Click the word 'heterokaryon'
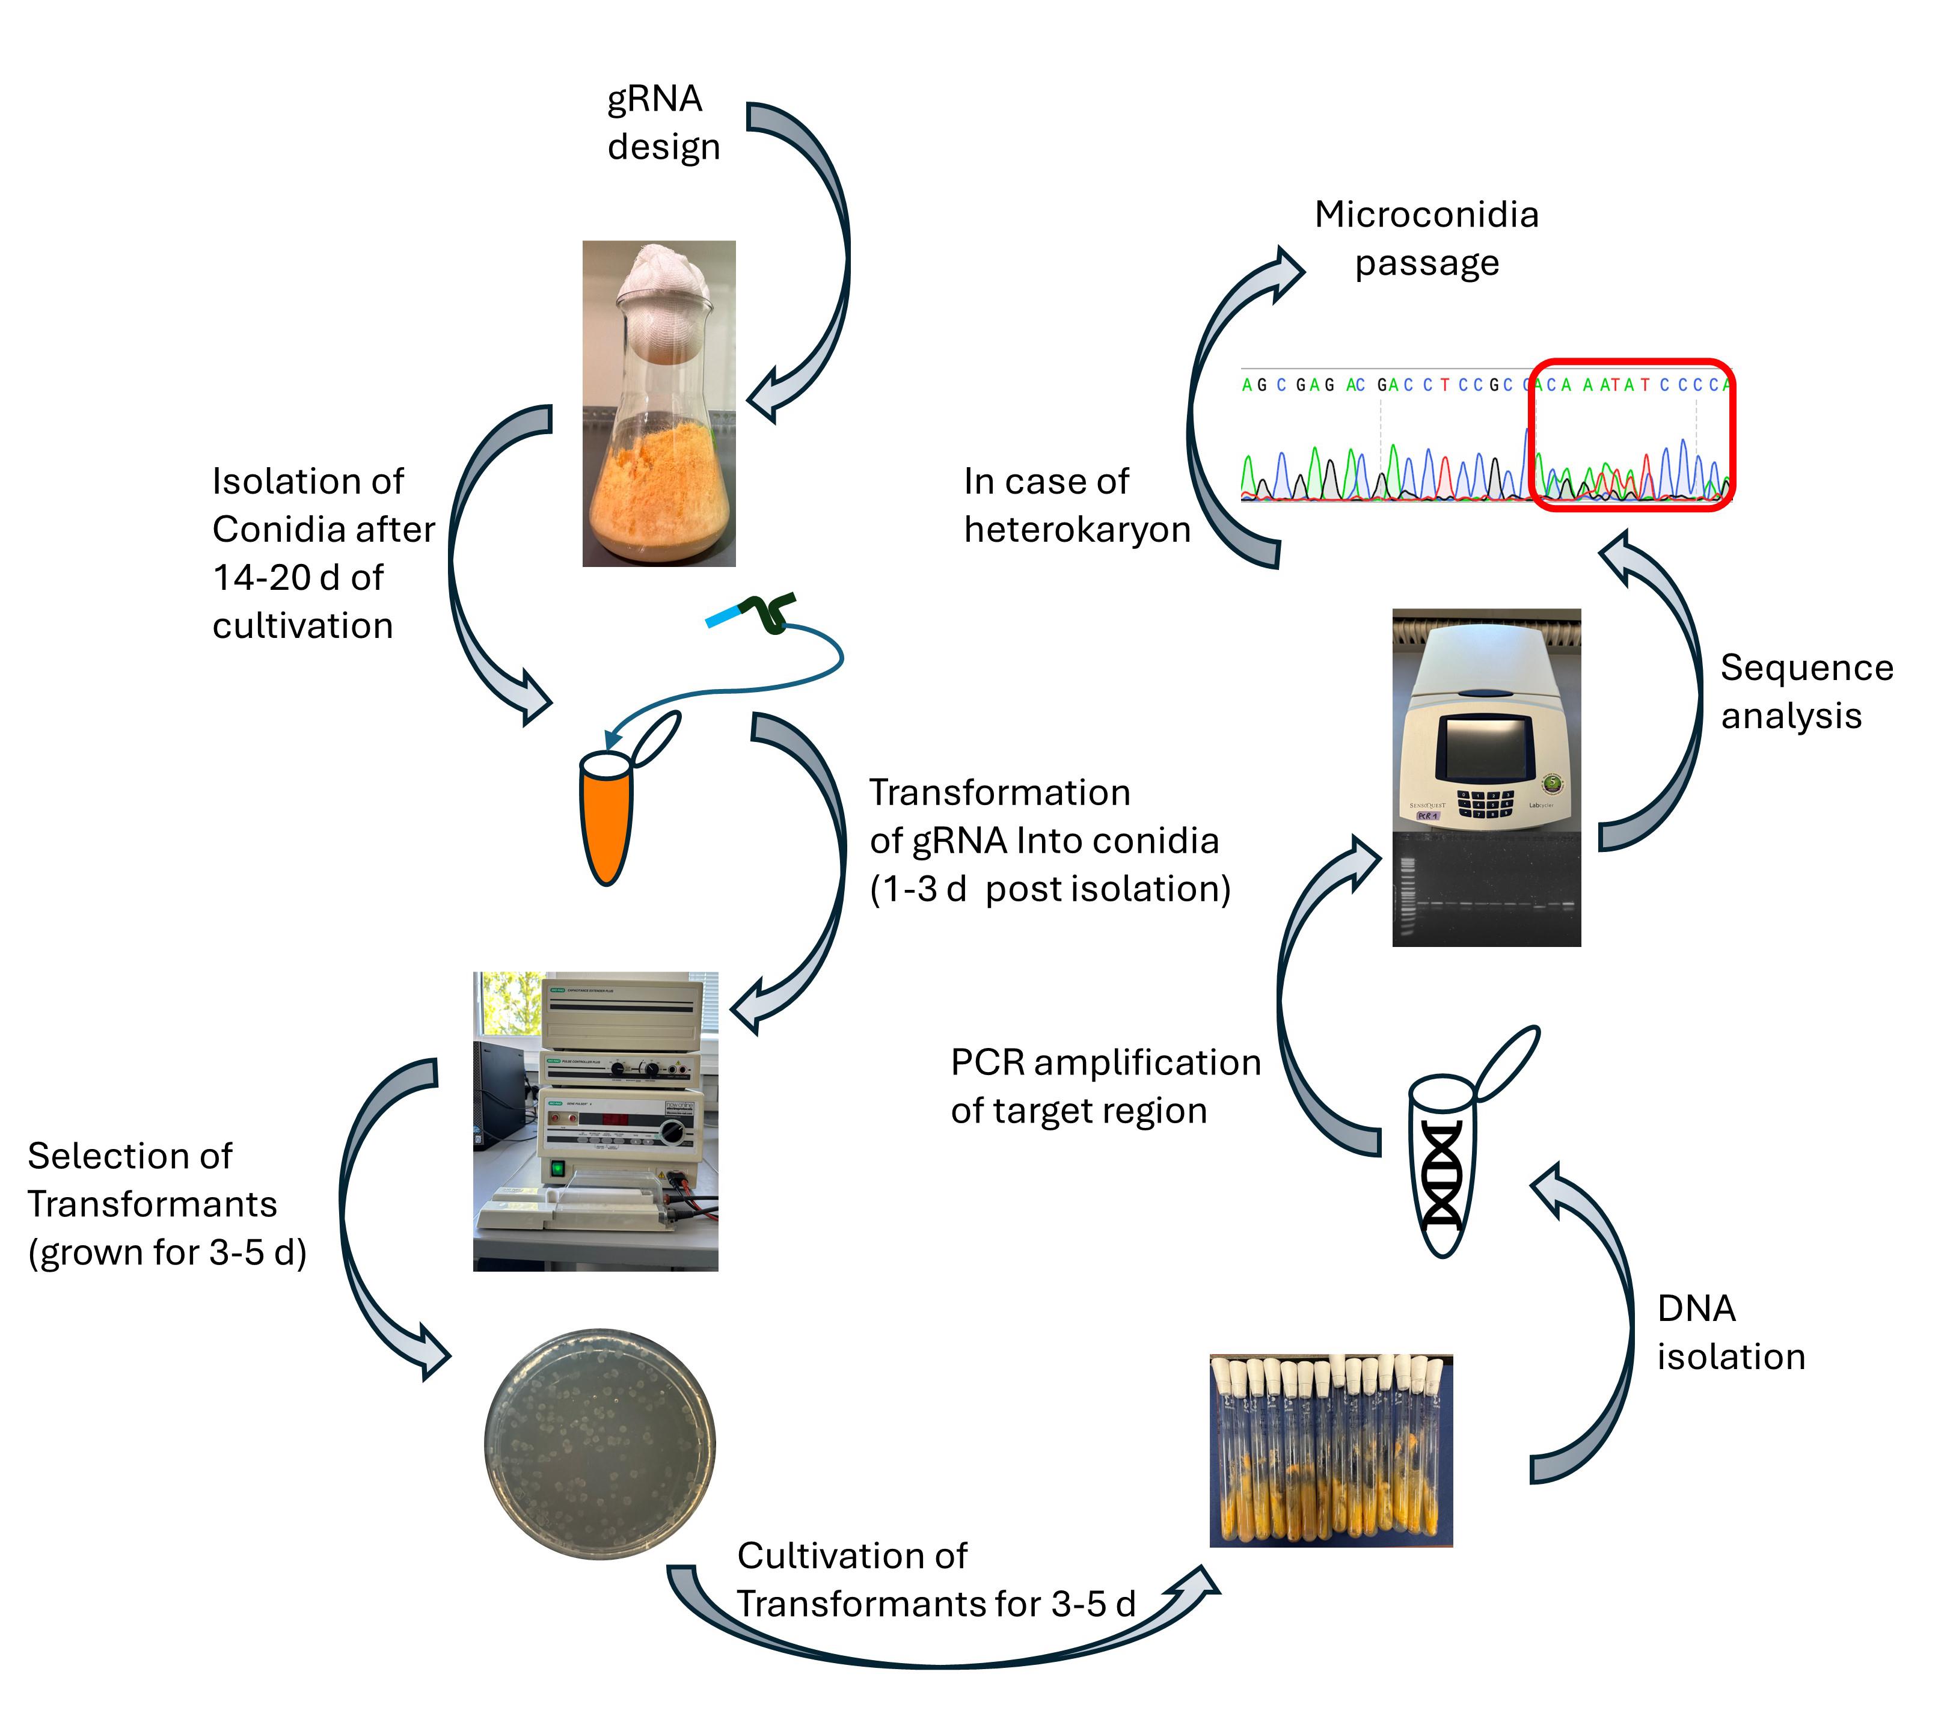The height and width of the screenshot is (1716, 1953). [1077, 529]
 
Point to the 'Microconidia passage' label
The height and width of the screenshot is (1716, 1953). [1426, 239]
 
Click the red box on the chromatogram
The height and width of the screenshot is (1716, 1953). [1632, 435]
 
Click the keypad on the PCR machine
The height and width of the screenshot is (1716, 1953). [1485, 803]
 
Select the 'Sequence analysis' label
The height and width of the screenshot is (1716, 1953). [1806, 691]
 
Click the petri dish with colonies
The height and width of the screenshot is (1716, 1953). [600, 1443]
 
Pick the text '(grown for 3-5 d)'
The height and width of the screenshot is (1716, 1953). [167, 1252]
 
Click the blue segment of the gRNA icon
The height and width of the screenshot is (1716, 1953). [722, 616]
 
